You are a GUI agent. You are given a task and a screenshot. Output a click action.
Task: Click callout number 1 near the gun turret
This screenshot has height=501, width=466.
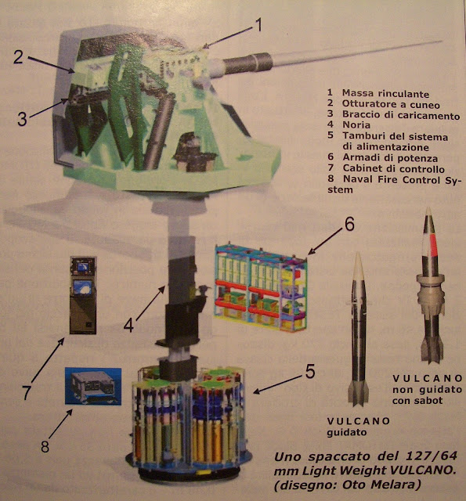click(x=258, y=25)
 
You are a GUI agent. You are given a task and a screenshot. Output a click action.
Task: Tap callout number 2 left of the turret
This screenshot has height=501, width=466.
click(x=18, y=57)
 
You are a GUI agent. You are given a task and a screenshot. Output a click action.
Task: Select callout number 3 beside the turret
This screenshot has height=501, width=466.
click(x=22, y=119)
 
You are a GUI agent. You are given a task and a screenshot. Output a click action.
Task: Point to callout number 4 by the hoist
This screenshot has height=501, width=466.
click(x=128, y=326)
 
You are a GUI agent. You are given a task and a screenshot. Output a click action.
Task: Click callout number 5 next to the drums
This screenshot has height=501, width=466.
click(x=310, y=371)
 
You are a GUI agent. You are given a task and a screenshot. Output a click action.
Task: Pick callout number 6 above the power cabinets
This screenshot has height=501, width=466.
click(x=349, y=224)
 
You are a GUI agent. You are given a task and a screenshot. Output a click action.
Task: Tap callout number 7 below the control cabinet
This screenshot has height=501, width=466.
click(x=27, y=392)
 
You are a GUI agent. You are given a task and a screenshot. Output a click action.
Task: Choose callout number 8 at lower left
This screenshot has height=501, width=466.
click(x=45, y=445)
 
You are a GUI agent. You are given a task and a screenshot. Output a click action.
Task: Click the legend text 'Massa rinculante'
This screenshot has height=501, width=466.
click(x=385, y=94)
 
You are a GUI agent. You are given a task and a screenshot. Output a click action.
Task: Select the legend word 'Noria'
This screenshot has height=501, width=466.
click(x=356, y=124)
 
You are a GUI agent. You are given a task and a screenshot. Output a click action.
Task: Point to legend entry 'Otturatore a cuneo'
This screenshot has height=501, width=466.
click(x=391, y=104)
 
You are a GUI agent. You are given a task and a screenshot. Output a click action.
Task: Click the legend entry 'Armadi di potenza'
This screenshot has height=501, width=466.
click(x=390, y=158)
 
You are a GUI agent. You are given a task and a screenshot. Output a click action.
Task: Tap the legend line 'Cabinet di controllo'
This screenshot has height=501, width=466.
click(x=393, y=168)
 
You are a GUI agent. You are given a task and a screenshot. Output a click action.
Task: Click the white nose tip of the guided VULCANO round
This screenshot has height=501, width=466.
click(x=358, y=257)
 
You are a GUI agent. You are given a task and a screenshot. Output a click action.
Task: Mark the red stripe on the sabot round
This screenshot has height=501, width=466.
click(x=433, y=245)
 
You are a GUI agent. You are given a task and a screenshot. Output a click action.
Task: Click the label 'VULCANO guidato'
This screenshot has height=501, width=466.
click(x=359, y=427)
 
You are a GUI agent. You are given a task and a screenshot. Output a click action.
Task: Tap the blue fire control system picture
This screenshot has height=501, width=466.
click(x=93, y=386)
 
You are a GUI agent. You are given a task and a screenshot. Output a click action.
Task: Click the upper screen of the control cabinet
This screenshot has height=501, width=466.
click(x=83, y=267)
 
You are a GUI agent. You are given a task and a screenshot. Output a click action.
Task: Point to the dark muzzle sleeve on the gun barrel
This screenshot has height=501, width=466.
click(x=248, y=64)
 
